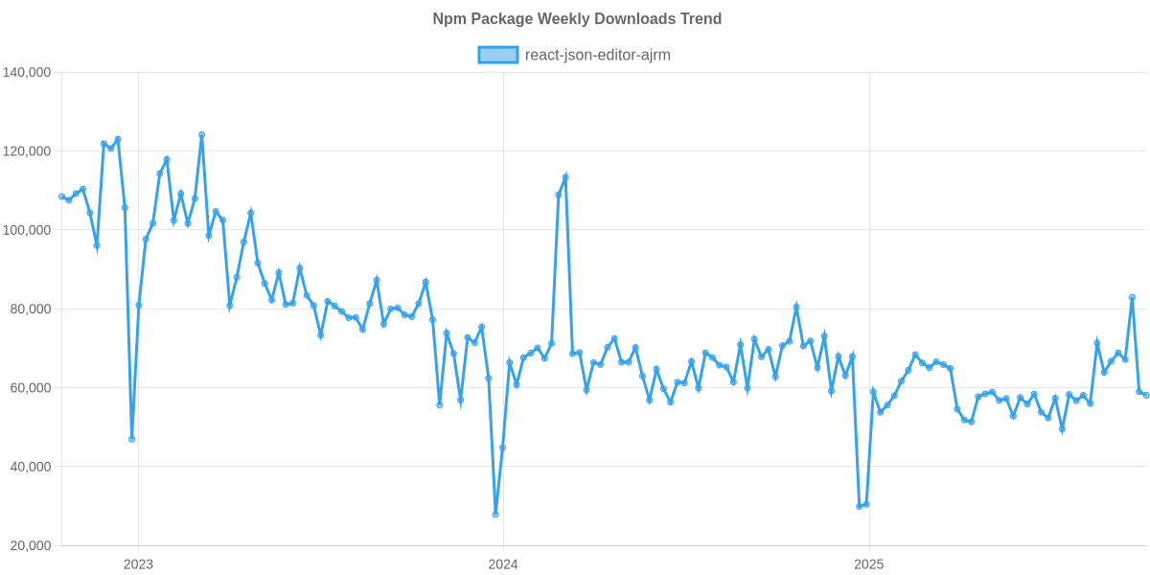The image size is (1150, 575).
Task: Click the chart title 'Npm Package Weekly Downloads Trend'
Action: (576, 19)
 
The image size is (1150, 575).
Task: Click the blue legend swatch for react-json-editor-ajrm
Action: (497, 55)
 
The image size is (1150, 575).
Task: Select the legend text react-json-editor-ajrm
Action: (597, 55)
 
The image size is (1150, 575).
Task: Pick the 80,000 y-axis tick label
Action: (30, 310)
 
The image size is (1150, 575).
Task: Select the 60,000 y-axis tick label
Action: (30, 388)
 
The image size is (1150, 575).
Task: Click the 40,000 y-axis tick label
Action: (30, 467)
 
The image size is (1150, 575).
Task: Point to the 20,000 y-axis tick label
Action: (30, 545)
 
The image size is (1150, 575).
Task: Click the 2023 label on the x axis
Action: (138, 564)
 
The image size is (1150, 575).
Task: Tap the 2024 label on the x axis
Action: (503, 564)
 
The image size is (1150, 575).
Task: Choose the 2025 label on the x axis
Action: (868, 564)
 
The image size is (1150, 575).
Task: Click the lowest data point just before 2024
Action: (495, 515)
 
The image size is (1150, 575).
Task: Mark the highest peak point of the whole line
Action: (201, 135)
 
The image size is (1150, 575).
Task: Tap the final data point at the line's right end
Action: (1146, 395)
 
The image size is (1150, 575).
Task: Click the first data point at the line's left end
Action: (61, 196)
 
